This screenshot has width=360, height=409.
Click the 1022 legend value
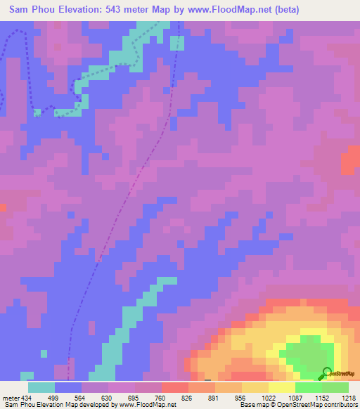269,398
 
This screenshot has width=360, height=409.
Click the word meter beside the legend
11,398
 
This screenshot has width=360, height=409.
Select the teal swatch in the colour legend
41,387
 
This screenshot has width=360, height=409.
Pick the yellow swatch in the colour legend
282,387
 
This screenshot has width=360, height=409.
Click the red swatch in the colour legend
175,387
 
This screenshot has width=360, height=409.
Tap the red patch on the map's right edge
349,163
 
